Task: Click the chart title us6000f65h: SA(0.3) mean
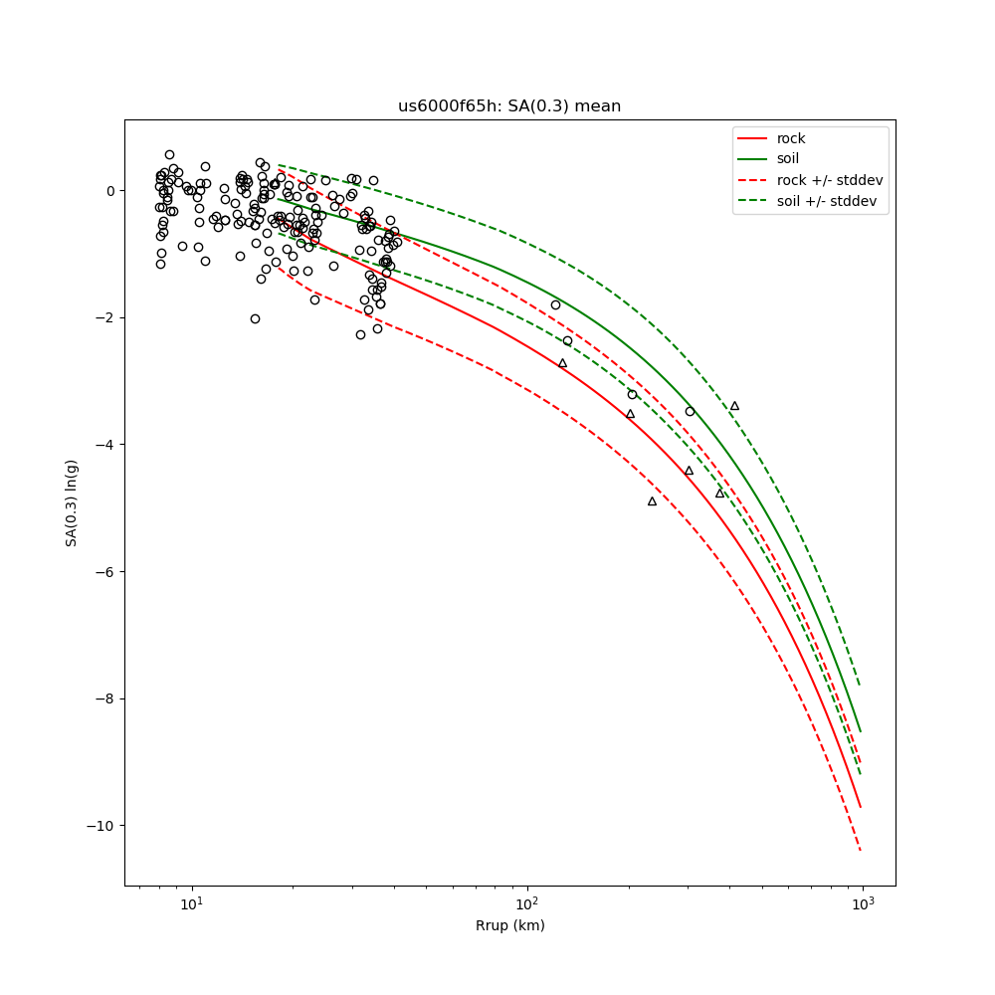[509, 106]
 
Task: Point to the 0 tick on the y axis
[110, 191]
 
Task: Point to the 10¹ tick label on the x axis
[192, 903]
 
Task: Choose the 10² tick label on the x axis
[527, 903]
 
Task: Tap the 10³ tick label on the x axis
[863, 903]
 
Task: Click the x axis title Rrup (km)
[509, 925]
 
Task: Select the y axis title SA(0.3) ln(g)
[72, 502]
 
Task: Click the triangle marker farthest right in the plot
[734, 406]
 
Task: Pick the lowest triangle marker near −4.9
[652, 501]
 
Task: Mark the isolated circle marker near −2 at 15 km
[255, 318]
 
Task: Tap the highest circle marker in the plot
[169, 154]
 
